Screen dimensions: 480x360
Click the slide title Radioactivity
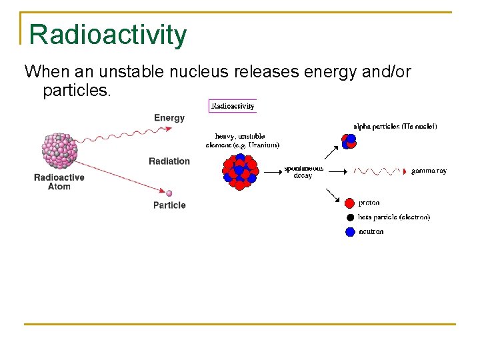(108, 35)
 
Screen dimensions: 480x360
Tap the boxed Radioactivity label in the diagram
(233, 106)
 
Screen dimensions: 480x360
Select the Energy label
(169, 118)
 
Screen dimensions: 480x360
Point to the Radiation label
(169, 161)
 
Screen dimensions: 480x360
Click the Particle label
(169, 205)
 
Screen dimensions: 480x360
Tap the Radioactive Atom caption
(59, 182)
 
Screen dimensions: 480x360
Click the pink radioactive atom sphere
(60, 150)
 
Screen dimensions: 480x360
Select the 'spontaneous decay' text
(303, 172)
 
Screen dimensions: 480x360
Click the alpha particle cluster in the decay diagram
(349, 141)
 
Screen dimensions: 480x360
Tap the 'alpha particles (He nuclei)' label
(395, 126)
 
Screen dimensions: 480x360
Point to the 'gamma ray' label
(429, 171)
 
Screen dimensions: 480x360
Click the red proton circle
(350, 203)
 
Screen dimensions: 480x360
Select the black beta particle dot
(350, 217)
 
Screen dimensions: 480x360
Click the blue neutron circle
(350, 232)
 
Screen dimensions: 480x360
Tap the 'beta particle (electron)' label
(394, 217)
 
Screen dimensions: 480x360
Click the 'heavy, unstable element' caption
(243, 141)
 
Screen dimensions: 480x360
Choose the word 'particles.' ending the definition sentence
(76, 90)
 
